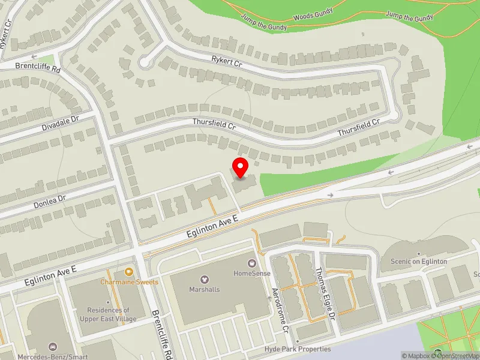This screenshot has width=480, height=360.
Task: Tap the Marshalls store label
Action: click(x=205, y=289)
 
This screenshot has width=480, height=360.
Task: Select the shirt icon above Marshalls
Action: click(x=205, y=279)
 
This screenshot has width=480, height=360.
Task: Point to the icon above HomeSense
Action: click(x=252, y=262)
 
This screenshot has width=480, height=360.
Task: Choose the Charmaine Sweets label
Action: click(x=130, y=282)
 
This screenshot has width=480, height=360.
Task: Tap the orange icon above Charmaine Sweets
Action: click(x=130, y=272)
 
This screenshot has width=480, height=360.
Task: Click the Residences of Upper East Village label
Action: click(x=109, y=315)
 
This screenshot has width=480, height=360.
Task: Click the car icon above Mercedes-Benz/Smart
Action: click(x=53, y=347)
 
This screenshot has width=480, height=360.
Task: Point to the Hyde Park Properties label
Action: click(x=298, y=349)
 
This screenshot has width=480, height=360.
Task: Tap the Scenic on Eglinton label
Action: click(x=419, y=262)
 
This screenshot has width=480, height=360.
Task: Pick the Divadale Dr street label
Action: click(x=61, y=124)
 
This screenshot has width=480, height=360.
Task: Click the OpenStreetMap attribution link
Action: click(x=458, y=356)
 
